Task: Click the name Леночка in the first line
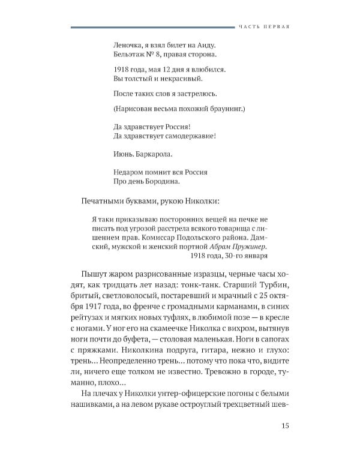tap(128, 44)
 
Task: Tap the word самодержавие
tap(186, 136)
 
